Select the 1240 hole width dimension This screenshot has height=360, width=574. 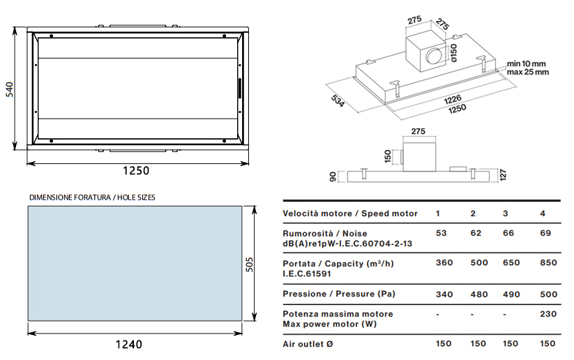(128, 344)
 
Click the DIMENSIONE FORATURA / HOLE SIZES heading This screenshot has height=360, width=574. (92, 197)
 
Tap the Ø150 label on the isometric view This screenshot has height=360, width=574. (453, 53)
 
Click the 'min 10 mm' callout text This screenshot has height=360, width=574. (527, 63)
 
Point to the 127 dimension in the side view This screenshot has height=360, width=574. (504, 174)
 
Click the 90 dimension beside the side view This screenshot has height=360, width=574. (333, 175)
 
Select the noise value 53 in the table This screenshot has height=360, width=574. (441, 233)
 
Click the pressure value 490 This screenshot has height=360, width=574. (511, 294)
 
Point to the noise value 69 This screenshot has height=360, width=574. (545, 233)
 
